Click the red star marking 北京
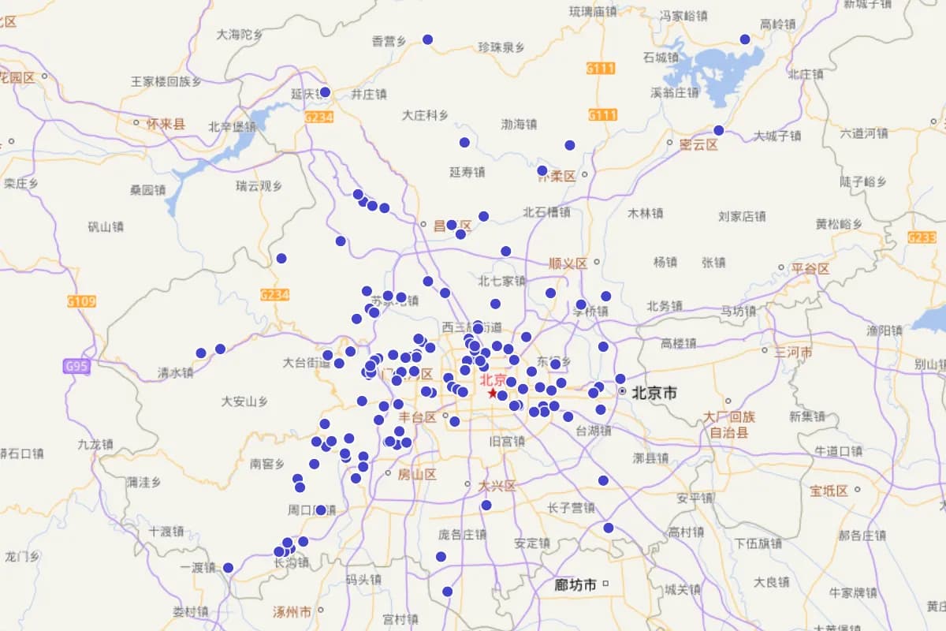point(493,393)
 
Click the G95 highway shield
point(77,366)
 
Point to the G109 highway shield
point(81,301)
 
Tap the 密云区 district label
point(700,144)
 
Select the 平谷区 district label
point(810,269)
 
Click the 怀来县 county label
point(166,124)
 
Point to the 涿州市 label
point(292,611)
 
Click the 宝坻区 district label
point(829,491)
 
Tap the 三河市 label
point(793,353)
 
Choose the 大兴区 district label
point(497,485)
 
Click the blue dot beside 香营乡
point(428,39)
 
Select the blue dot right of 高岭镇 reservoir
point(745,39)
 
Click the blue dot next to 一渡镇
point(229,568)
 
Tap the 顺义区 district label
point(568,263)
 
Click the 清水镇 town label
point(175,372)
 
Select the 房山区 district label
point(416,475)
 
